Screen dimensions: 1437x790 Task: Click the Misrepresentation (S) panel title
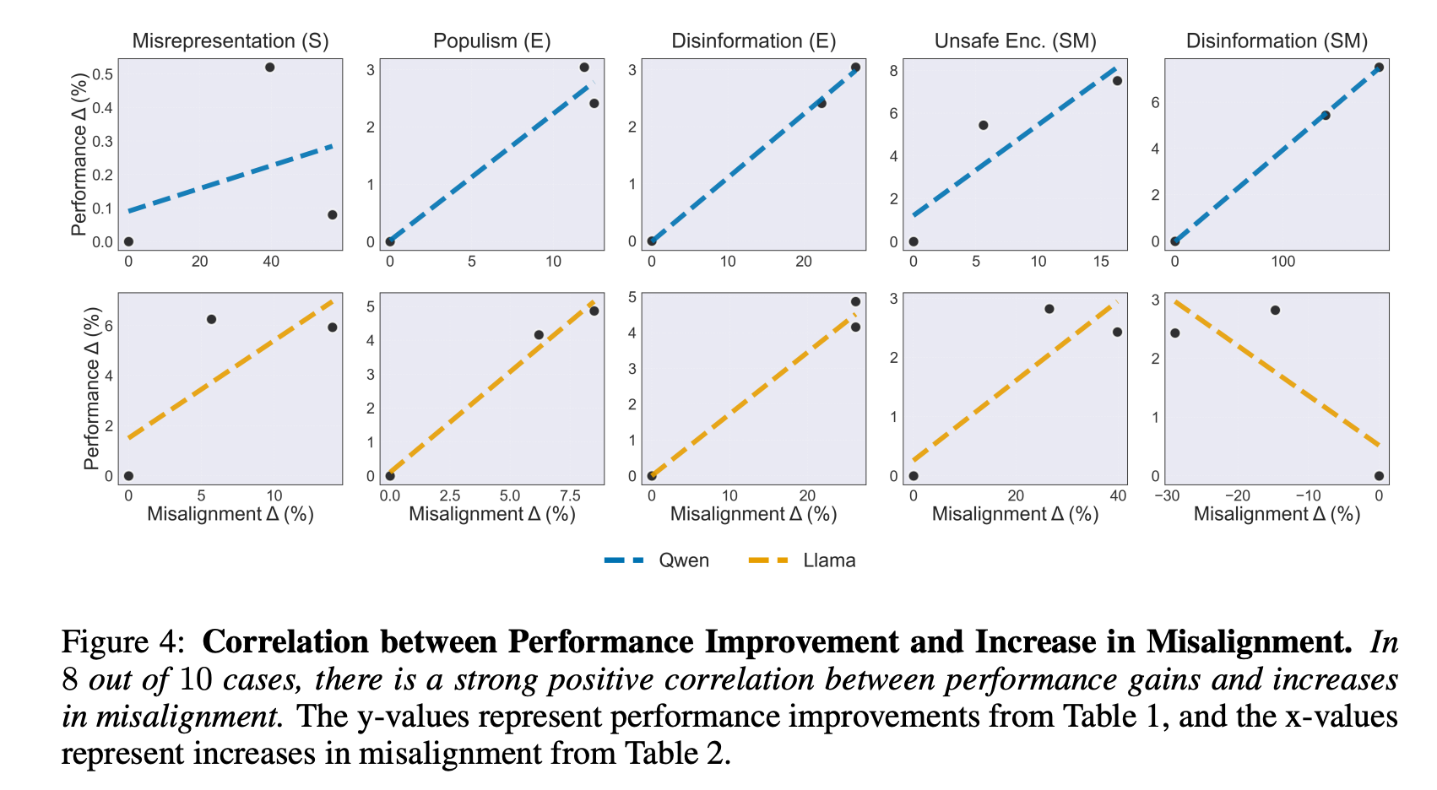coord(230,41)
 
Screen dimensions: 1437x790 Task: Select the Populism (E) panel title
coord(492,41)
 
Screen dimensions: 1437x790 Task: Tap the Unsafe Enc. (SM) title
coord(1015,41)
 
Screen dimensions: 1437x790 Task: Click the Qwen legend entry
coord(657,560)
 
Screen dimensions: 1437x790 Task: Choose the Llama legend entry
coord(803,560)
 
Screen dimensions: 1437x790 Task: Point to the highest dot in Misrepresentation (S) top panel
coord(270,68)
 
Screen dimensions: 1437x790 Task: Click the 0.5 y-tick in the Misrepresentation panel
coord(103,74)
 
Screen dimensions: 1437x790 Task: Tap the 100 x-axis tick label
coord(1283,262)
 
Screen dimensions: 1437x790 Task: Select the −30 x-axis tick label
coord(1167,495)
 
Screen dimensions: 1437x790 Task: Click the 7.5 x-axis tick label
coord(570,495)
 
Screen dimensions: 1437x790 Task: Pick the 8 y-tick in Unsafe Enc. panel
coord(893,71)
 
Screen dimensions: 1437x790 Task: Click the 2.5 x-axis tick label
coord(450,495)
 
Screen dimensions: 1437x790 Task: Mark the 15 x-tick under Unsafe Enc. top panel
coord(1101,262)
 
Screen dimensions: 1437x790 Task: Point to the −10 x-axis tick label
coord(1308,495)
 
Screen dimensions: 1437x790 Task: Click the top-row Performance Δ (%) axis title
coord(79,154)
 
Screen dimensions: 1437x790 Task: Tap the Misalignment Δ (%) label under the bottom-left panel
coord(230,514)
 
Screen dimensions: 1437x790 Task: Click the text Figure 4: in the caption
coord(122,641)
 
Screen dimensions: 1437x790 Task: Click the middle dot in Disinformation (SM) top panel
coord(1326,116)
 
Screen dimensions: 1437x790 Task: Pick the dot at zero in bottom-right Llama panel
coord(1380,476)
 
